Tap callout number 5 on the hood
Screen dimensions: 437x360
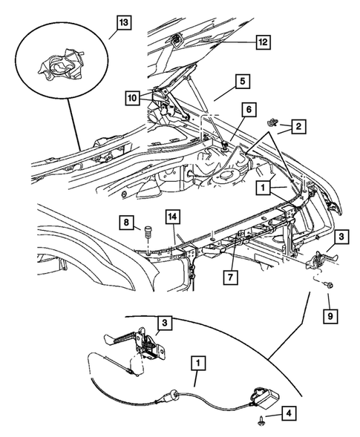(242, 80)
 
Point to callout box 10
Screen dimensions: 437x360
(130, 97)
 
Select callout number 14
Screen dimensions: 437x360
(172, 217)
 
